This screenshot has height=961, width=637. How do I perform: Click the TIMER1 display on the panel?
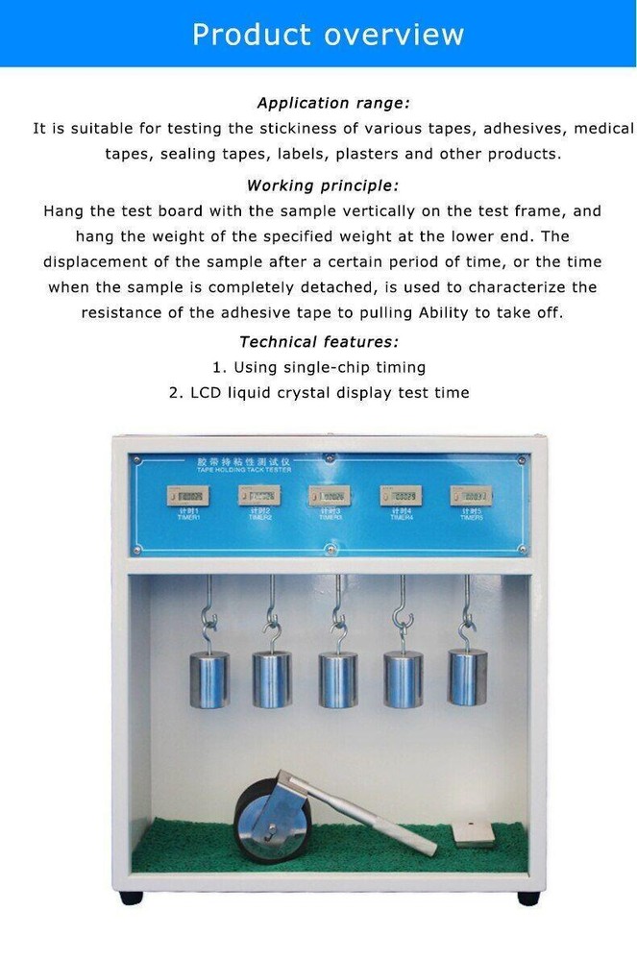(187, 496)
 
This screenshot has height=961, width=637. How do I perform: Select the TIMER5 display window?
(471, 496)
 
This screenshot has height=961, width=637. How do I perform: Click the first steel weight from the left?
(208, 678)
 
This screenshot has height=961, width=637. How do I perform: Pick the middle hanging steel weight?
(338, 678)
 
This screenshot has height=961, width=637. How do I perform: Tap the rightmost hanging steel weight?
(467, 677)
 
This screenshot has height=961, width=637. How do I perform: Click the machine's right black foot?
(527, 898)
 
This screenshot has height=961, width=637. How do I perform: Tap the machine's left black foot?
(132, 898)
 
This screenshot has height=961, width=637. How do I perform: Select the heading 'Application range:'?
(333, 103)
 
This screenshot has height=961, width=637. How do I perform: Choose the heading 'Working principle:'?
(322, 185)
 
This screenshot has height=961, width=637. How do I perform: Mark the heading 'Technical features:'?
(319, 341)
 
